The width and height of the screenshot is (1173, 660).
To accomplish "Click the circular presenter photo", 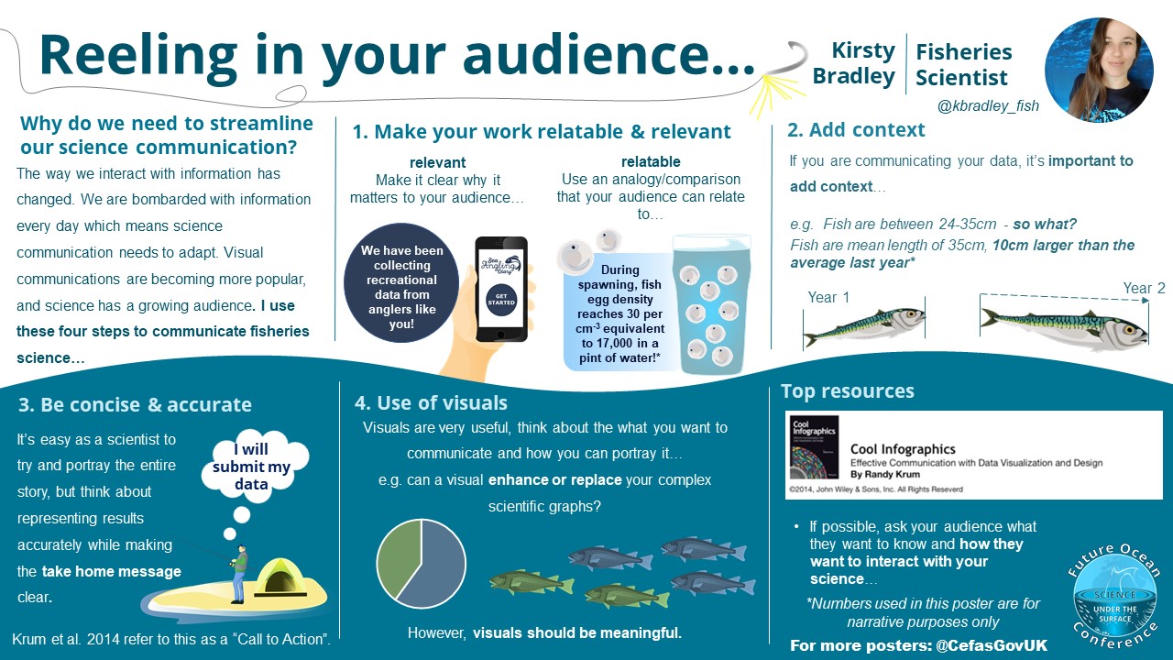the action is point(1099,70).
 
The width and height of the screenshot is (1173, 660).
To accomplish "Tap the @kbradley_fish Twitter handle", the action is point(988,105).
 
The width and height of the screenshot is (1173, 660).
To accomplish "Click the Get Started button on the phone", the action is point(501,299).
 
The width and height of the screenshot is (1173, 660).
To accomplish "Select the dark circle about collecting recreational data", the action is point(401,283).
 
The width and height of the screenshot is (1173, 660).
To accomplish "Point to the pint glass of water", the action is point(712,303).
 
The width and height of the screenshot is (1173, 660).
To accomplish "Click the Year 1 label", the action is point(828,298).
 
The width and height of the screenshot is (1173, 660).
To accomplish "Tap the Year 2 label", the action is point(1145,288).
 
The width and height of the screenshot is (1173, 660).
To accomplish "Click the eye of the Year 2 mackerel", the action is point(1128,330).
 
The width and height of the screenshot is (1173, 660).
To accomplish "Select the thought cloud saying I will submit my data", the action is point(254,467).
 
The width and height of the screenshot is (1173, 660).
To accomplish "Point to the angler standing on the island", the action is point(239,574).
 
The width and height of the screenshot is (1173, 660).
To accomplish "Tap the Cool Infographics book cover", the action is point(815,447).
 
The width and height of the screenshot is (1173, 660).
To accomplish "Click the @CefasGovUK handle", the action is point(992,645).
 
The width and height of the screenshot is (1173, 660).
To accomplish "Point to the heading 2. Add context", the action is point(856,130).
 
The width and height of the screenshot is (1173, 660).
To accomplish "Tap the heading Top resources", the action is point(848,391).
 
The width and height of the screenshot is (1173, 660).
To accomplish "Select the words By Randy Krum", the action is point(885,475).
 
